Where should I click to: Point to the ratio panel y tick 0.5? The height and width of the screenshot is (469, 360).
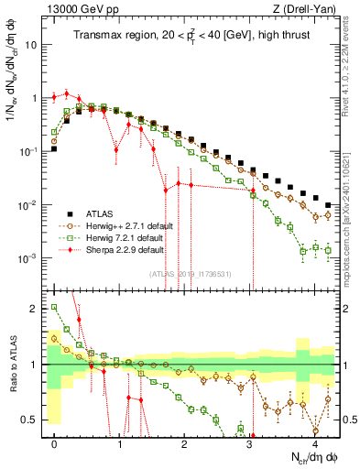[x=34, y=420]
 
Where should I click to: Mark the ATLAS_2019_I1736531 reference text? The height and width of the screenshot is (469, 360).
[x=184, y=273]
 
